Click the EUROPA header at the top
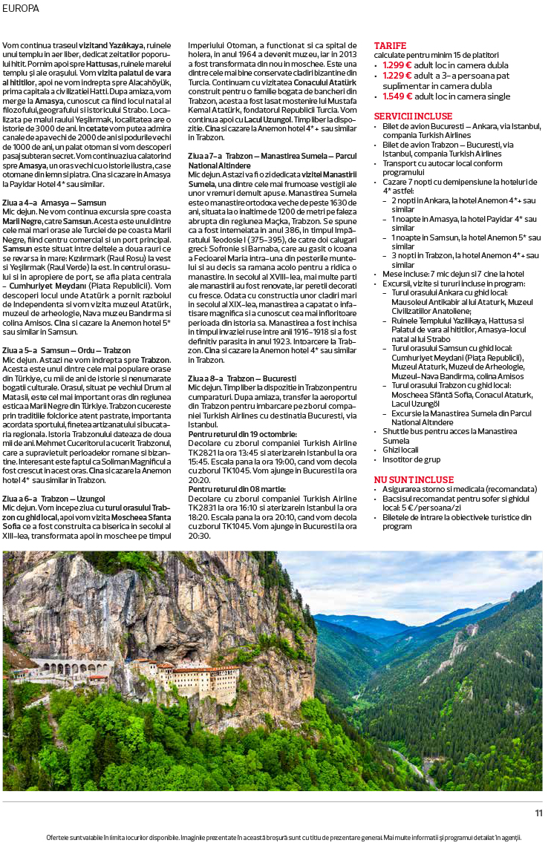pyautogui.click(x=21, y=8)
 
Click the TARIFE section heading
pyautogui.click(x=390, y=46)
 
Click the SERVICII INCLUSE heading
pyautogui.click(x=413, y=117)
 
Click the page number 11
pyautogui.click(x=538, y=813)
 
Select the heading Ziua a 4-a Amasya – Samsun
pyautogui.click(x=54, y=202)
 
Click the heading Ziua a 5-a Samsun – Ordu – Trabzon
pyautogui.click(x=67, y=350)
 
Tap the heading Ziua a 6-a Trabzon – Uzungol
pyautogui.click(x=53, y=497)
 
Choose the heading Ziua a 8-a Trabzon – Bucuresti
pyautogui.click(x=242, y=378)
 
